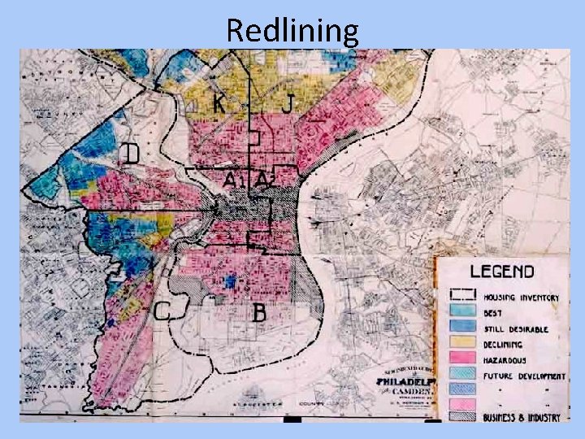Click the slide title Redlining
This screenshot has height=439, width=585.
pyautogui.click(x=292, y=30)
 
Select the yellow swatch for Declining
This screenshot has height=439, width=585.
pyautogui.click(x=463, y=345)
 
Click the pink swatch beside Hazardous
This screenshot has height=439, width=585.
pyautogui.click(x=463, y=360)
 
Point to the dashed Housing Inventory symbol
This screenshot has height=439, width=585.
pyautogui.click(x=463, y=295)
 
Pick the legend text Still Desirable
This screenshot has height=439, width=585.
pyautogui.click(x=516, y=329)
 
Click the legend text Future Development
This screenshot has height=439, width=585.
pyautogui.click(x=524, y=376)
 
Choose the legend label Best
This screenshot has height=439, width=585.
pyautogui.click(x=493, y=313)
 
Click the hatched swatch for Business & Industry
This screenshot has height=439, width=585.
pyautogui.click(x=463, y=415)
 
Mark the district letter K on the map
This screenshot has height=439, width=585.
pyautogui.click(x=219, y=103)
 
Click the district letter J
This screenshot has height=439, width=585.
pyautogui.click(x=288, y=103)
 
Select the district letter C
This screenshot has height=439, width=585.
pyautogui.click(x=162, y=311)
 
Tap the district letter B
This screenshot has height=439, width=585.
pyautogui.click(x=260, y=312)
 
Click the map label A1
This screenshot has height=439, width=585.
pyautogui.click(x=232, y=179)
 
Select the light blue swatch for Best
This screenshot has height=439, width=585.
pyautogui.click(x=463, y=313)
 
